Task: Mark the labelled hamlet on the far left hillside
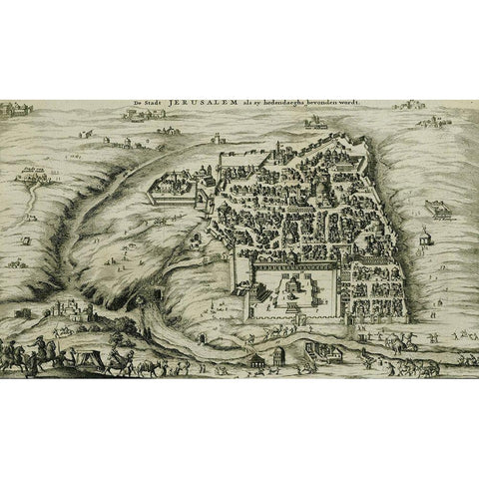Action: click(x=35, y=178)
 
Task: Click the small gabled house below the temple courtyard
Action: click(x=260, y=356)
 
